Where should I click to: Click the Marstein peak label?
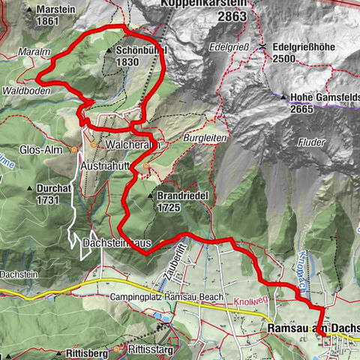[54, 10]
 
